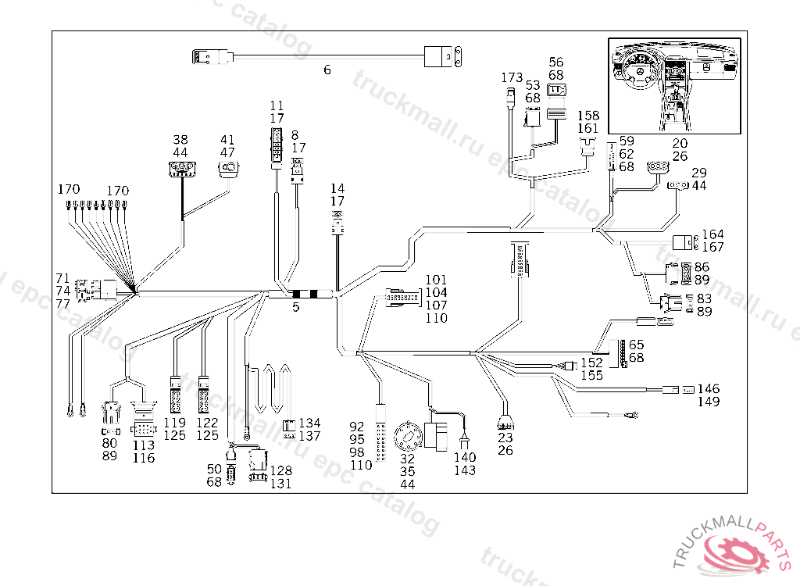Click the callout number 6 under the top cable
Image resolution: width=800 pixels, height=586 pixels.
click(327, 70)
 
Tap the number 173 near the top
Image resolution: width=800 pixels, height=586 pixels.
click(512, 78)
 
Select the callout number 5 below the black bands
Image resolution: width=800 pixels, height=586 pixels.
click(296, 308)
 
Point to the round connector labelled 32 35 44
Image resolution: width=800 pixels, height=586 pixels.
click(408, 435)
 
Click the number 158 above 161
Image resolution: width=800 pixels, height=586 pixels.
click(587, 116)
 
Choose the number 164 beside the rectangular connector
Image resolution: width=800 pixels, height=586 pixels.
click(712, 234)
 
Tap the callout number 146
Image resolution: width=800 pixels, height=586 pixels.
click(709, 389)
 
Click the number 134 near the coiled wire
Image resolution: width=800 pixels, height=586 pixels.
click(309, 423)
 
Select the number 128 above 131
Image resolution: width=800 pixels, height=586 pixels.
click(281, 471)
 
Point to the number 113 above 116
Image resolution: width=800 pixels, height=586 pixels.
click(143, 445)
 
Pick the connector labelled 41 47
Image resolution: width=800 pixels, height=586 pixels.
click(230, 167)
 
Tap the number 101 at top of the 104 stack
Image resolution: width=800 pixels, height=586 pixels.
click(436, 280)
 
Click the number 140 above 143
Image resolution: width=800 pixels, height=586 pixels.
click(464, 458)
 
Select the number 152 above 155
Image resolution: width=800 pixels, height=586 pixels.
click(591, 363)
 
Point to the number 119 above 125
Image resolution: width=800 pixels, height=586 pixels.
click(175, 423)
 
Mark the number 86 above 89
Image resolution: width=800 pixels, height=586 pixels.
click(702, 267)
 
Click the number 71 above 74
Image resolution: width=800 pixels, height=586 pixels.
click(63, 279)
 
